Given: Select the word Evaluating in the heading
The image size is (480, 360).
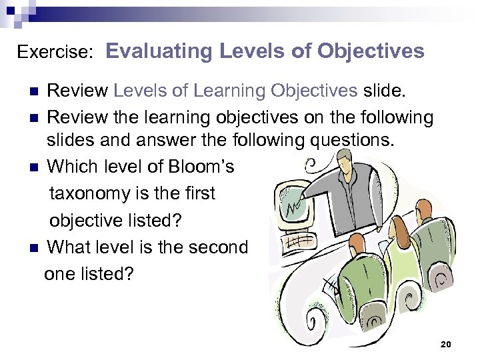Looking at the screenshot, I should (158, 51).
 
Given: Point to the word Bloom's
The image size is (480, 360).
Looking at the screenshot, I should (199, 167).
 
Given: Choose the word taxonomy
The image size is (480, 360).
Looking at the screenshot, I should (91, 193).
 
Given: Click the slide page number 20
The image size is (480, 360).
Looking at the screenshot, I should (446, 344).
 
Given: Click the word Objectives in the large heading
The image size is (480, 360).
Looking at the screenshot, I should (371, 51).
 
